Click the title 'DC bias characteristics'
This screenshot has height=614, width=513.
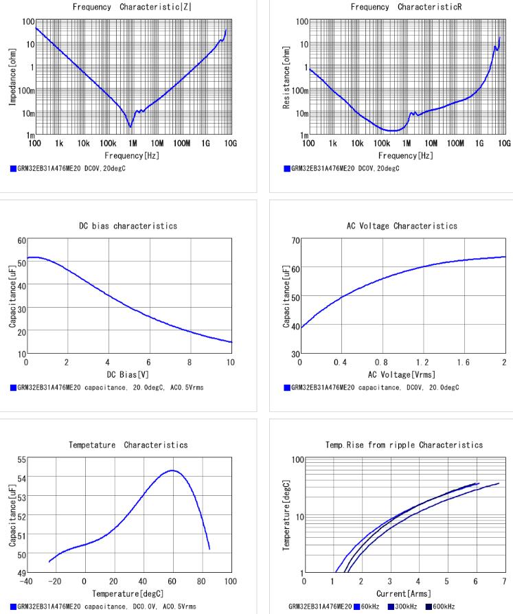click(128, 226)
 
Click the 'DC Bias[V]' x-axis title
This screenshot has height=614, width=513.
click(128, 375)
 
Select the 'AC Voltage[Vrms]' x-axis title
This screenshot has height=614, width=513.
click(402, 375)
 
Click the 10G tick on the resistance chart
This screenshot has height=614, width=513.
click(505, 145)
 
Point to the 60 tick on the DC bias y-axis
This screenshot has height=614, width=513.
click(21, 242)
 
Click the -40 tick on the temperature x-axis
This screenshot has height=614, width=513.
click(26, 581)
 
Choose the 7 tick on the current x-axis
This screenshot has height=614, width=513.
click(505, 581)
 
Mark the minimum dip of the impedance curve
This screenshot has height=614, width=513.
click(130, 127)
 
